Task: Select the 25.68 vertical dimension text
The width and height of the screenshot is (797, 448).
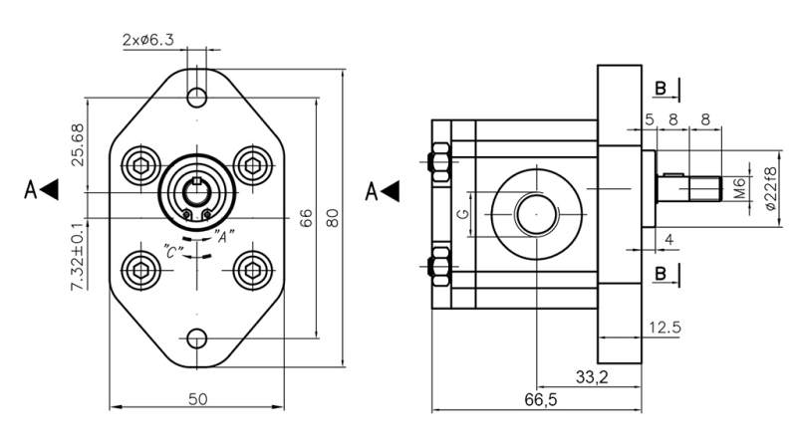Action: (77, 146)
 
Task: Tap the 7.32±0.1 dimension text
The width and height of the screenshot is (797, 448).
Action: (77, 256)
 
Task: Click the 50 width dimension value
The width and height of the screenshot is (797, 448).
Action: (197, 399)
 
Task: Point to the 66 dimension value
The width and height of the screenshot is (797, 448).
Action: (307, 217)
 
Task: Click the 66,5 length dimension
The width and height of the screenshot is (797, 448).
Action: (538, 399)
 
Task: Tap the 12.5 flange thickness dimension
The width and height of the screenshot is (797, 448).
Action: (664, 328)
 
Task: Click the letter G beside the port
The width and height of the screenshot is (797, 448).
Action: (461, 213)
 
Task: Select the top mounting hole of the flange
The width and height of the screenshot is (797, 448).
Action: (198, 97)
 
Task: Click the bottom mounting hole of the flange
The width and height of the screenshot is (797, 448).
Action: (198, 337)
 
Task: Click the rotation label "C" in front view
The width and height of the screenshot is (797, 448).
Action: (172, 252)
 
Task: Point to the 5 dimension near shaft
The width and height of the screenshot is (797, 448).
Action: (649, 118)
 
